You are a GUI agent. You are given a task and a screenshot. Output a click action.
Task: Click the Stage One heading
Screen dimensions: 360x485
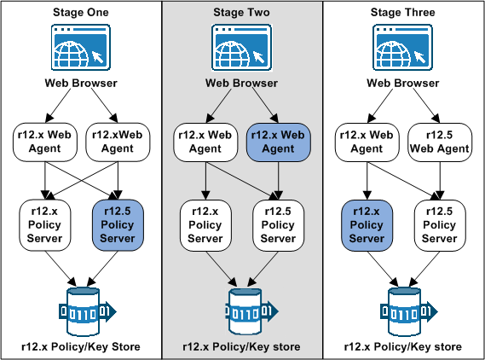click(x=80, y=13)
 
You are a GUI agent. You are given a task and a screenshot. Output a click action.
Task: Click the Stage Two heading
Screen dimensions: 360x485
click(x=241, y=13)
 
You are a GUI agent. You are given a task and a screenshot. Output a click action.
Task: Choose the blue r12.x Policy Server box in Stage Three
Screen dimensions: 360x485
click(x=367, y=224)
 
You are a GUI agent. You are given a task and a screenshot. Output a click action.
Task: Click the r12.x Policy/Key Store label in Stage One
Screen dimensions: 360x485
click(x=80, y=347)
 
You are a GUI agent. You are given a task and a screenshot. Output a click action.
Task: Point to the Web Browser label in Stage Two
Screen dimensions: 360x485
click(x=241, y=84)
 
